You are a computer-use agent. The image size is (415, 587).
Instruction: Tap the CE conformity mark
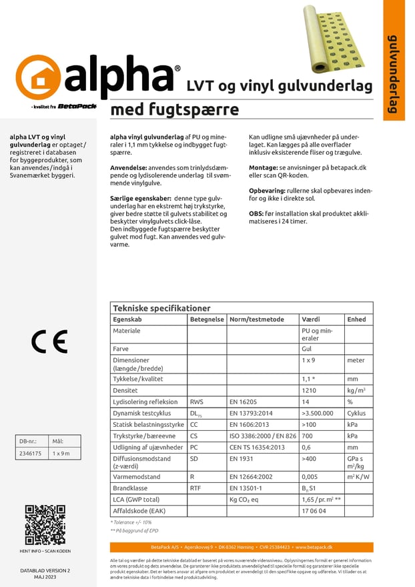[x=49, y=342]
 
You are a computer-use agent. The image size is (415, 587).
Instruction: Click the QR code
[x=45, y=525]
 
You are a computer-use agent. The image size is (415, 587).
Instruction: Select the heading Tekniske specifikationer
[x=161, y=308]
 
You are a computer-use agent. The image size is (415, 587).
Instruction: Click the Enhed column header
[x=356, y=320]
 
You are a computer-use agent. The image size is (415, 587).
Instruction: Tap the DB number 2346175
[x=30, y=453]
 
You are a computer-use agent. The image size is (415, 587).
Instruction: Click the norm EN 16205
[x=243, y=402]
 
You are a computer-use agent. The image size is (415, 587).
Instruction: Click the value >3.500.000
[x=318, y=413]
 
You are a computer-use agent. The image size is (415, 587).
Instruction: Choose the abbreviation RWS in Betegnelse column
[x=197, y=402]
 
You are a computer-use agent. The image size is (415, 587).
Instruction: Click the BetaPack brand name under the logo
[x=77, y=105]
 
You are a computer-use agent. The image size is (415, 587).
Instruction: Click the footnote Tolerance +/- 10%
[x=131, y=522]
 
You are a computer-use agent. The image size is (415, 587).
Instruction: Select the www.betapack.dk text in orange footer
[x=316, y=547]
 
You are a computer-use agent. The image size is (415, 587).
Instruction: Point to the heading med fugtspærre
[x=174, y=109]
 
